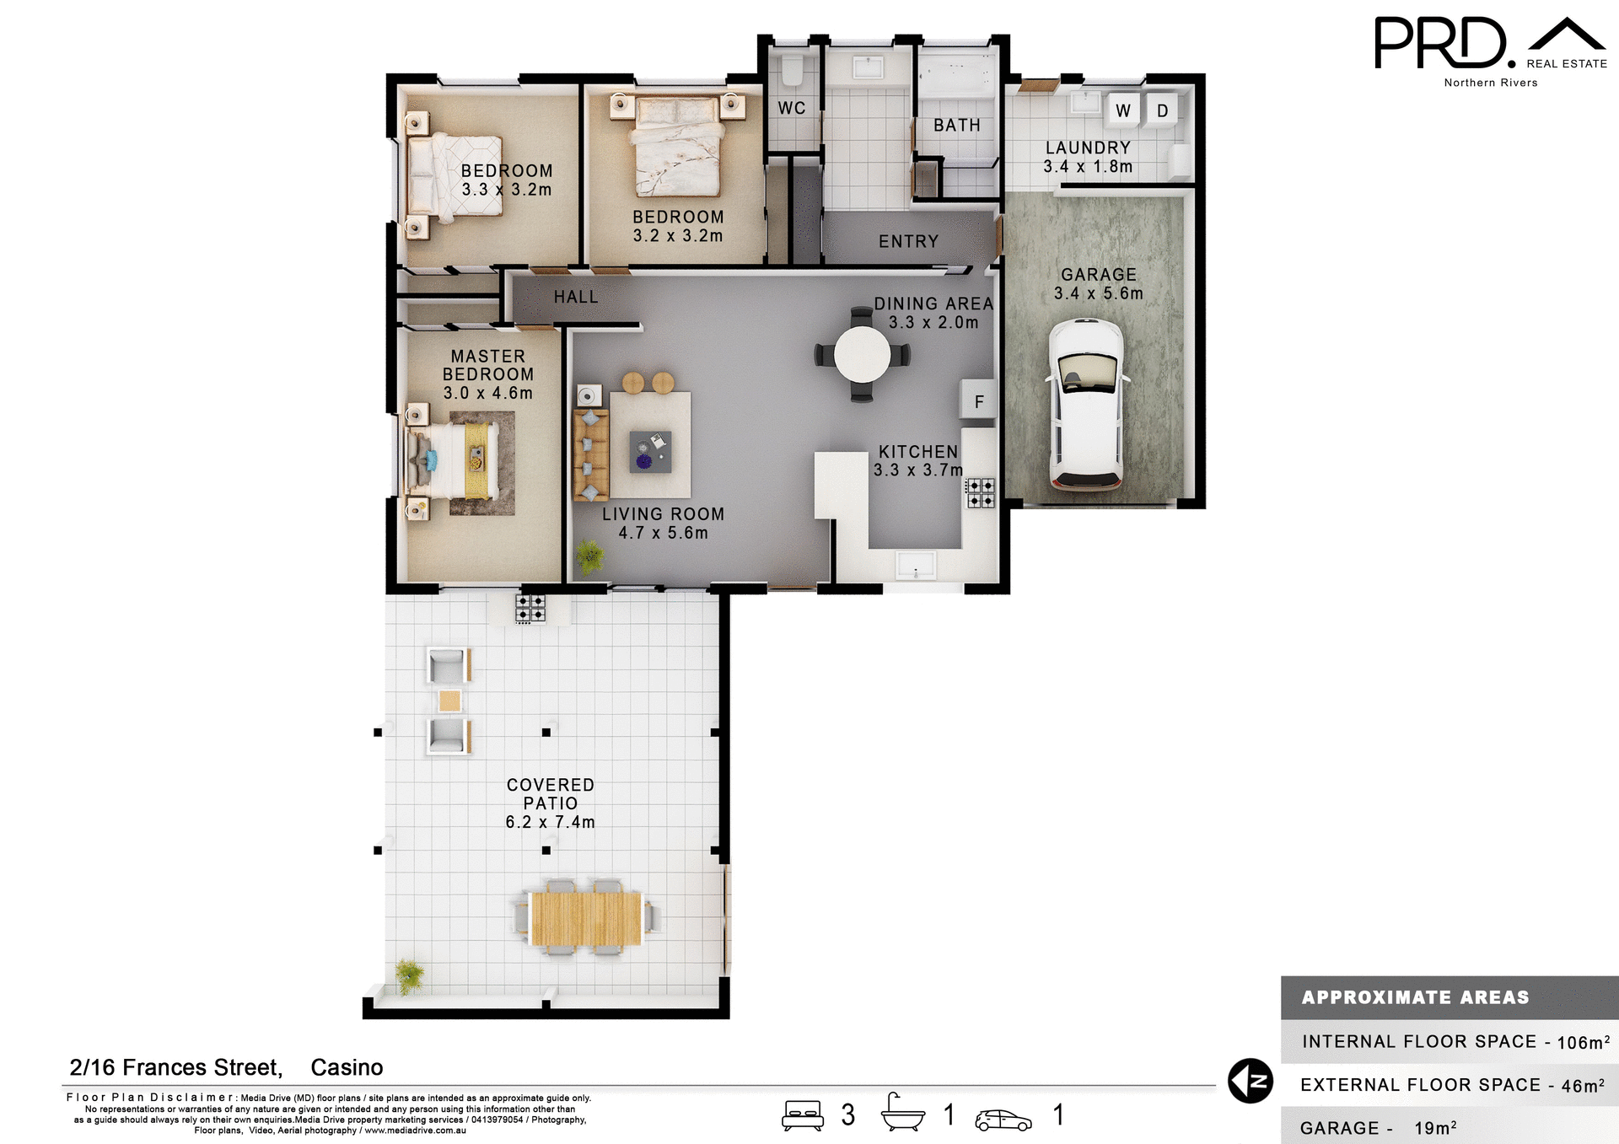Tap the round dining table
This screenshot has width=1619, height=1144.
point(862,354)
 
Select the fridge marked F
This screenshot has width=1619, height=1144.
point(978,401)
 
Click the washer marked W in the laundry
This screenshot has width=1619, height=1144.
point(1122,110)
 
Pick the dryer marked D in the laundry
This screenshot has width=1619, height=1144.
point(1162,110)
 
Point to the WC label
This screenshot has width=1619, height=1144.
point(791,108)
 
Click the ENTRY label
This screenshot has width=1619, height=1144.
point(908,242)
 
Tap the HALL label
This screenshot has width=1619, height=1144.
point(576,297)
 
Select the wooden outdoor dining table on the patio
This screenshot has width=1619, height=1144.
point(586,918)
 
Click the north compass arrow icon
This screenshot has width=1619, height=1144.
point(1250,1081)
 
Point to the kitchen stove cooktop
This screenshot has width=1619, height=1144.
point(981,492)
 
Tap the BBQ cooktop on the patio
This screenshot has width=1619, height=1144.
point(530,608)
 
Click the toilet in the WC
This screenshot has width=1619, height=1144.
point(792,72)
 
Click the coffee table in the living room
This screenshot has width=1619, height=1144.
point(650,451)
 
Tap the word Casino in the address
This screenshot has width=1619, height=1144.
point(347,1067)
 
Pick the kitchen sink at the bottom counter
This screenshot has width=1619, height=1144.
point(916,565)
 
